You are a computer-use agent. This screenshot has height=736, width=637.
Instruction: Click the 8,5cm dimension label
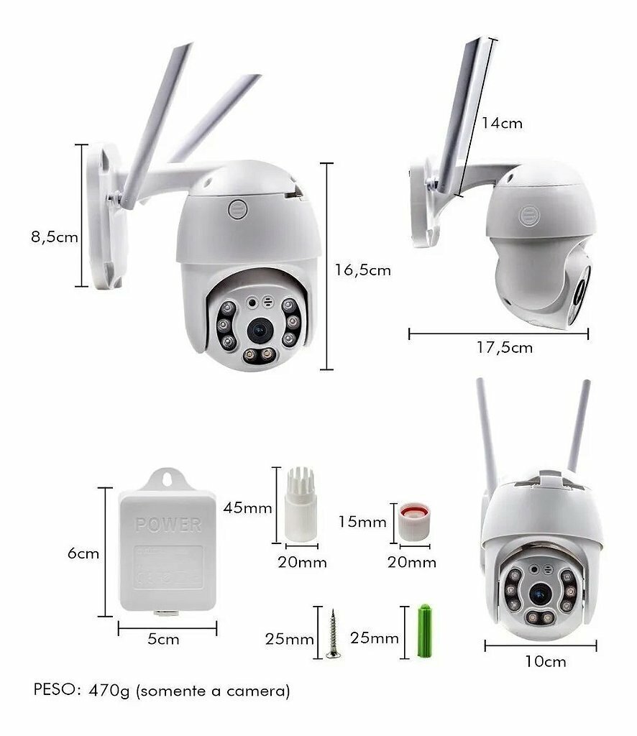55,237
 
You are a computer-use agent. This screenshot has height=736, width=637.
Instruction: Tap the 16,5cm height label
362,270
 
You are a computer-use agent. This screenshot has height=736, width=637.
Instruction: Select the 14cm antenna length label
502,124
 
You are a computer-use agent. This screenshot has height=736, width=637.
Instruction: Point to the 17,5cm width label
505,348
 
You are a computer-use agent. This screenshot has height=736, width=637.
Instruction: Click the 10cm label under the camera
545,662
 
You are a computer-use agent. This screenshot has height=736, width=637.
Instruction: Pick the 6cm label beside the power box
83,553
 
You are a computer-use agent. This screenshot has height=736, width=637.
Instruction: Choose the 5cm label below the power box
163,639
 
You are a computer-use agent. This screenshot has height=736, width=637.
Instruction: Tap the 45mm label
247,508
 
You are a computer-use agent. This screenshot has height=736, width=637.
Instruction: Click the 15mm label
362,522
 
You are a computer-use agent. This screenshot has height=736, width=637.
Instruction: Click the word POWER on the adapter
168,524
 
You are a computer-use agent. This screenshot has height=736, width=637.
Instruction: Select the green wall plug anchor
425,631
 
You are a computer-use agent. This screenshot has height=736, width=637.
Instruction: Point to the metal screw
333,634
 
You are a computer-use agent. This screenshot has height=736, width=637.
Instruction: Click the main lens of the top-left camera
260,331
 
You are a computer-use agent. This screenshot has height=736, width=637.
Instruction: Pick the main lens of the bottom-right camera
541,594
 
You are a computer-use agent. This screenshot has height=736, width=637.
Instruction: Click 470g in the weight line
109,691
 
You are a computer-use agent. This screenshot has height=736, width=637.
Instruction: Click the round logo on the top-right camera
529,216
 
